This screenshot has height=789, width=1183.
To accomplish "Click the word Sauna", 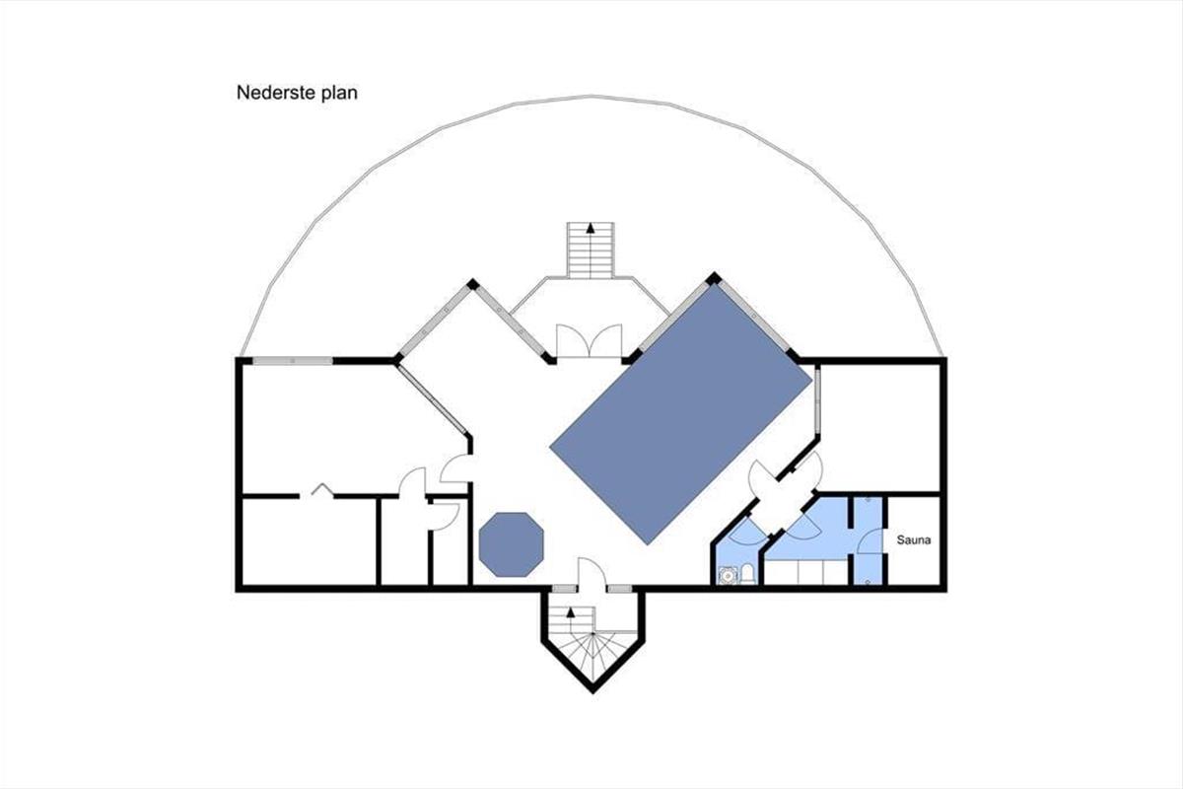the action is (914, 540).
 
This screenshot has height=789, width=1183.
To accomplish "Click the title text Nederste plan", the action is (297, 93).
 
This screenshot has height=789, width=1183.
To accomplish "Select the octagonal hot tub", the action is (512, 544).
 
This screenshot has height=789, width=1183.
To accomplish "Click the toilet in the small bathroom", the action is (747, 574).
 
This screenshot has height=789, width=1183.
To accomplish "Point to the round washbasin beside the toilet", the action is (729, 575).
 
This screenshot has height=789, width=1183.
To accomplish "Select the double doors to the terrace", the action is (590, 341).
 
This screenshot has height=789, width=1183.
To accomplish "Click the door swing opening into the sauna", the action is (869, 541).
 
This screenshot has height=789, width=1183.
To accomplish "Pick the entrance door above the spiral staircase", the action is (591, 572).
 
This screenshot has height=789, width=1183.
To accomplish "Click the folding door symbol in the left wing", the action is (321, 490).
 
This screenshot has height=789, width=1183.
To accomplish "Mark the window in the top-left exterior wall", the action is (293, 361).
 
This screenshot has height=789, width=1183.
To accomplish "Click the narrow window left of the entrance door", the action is (565, 588).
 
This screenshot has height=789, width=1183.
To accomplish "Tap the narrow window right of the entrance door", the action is (619, 588).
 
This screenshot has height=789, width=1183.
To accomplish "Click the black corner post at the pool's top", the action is (714, 278).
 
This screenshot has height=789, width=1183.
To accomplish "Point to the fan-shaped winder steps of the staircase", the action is (592, 655).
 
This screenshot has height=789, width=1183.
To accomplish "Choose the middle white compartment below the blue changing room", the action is (810, 572).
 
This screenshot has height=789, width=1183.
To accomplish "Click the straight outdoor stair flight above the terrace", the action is (591, 250).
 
